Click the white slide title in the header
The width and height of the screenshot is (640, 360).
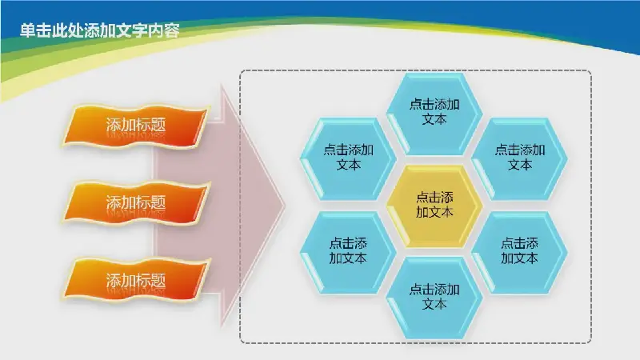(x=100, y=30)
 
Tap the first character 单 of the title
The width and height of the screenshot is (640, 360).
(x=28, y=30)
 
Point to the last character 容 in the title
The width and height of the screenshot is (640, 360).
(x=172, y=30)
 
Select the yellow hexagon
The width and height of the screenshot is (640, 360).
(x=434, y=206)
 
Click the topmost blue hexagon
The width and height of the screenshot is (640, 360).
(x=434, y=114)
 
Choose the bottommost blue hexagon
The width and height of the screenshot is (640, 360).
(x=434, y=297)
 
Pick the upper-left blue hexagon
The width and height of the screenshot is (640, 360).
(x=348, y=158)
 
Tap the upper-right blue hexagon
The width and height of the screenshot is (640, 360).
(x=519, y=158)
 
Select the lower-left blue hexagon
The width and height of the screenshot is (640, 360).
(x=348, y=252)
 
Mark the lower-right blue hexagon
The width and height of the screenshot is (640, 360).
(x=519, y=252)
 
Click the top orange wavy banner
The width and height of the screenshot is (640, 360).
(x=136, y=126)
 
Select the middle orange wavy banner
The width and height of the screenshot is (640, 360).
(x=136, y=203)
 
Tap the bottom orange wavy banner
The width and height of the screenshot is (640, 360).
(x=136, y=281)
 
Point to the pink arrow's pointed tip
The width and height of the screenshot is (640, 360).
(x=285, y=206)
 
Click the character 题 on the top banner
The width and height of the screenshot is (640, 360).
(x=158, y=125)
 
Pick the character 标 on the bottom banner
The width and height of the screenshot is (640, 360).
(x=143, y=280)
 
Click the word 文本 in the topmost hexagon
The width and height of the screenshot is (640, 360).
(x=434, y=119)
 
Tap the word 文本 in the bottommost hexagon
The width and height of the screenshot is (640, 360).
(x=434, y=304)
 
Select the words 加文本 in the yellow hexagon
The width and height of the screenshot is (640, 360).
(x=434, y=212)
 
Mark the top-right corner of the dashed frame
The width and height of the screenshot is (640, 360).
(x=591, y=70)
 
